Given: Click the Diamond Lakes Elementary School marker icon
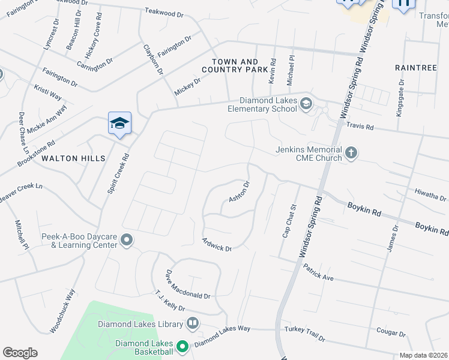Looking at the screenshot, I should (306, 104).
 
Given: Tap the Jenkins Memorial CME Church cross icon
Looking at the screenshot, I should (351, 154).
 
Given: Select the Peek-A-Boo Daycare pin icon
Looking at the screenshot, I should (127, 240).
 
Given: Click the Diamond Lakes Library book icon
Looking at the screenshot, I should (193, 324).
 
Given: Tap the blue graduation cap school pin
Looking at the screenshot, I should (119, 124).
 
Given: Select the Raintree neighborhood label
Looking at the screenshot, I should (416, 68).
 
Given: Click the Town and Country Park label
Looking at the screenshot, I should (238, 66).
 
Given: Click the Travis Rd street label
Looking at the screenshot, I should (360, 126).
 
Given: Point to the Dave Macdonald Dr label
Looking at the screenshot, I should (188, 284).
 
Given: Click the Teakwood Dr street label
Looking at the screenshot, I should (164, 13).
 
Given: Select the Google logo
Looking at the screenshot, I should (20, 353).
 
